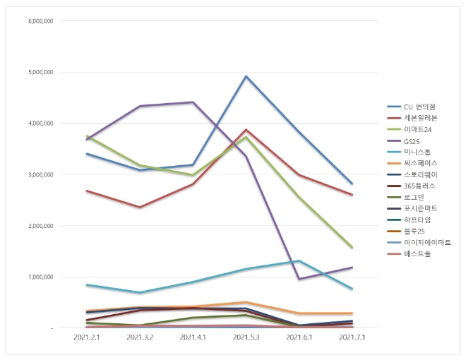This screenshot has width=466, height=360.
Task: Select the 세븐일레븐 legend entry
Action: (x=418, y=117)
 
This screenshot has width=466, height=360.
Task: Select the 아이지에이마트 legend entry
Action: (x=426, y=241)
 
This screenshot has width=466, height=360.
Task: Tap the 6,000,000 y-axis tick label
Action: (x=41, y=20)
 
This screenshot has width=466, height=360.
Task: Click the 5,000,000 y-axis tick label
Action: (x=41, y=72)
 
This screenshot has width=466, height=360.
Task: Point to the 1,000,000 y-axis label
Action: (x=41, y=277)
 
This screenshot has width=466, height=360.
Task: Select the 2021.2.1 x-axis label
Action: (x=87, y=338)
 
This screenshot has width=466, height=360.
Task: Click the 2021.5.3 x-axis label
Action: (x=246, y=338)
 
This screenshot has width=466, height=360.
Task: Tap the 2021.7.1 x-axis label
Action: (x=352, y=338)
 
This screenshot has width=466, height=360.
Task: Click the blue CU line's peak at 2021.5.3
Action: (x=246, y=76)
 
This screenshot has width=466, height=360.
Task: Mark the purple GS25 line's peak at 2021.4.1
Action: (x=193, y=102)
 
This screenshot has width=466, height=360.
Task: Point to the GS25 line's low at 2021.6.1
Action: (x=299, y=279)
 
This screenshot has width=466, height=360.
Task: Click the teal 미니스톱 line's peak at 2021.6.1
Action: (x=299, y=261)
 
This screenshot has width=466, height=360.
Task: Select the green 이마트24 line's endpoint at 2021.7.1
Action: (x=352, y=248)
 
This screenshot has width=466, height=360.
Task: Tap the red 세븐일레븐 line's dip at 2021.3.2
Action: (x=140, y=207)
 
